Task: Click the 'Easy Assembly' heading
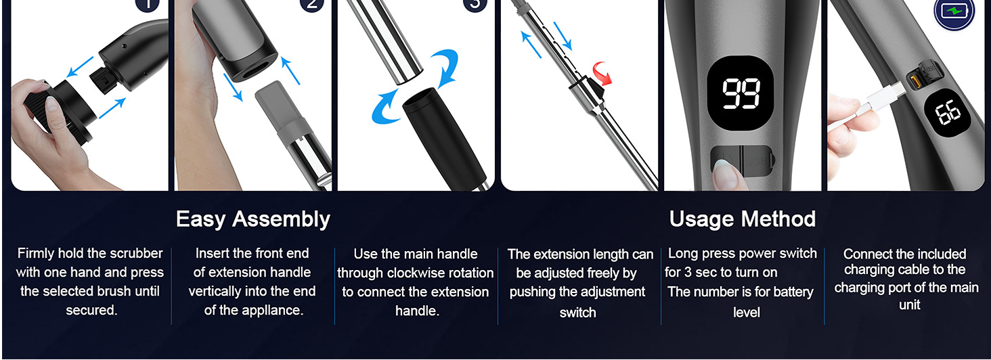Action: coord(253,219)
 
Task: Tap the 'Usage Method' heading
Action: coord(743,219)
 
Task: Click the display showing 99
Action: coord(741,93)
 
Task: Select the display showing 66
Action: coord(947,112)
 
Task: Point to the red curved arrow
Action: coord(602,73)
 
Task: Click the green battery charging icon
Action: coord(954,12)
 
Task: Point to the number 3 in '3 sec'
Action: coord(688,272)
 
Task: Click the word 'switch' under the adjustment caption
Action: coord(578,313)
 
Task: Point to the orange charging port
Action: coord(914,81)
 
